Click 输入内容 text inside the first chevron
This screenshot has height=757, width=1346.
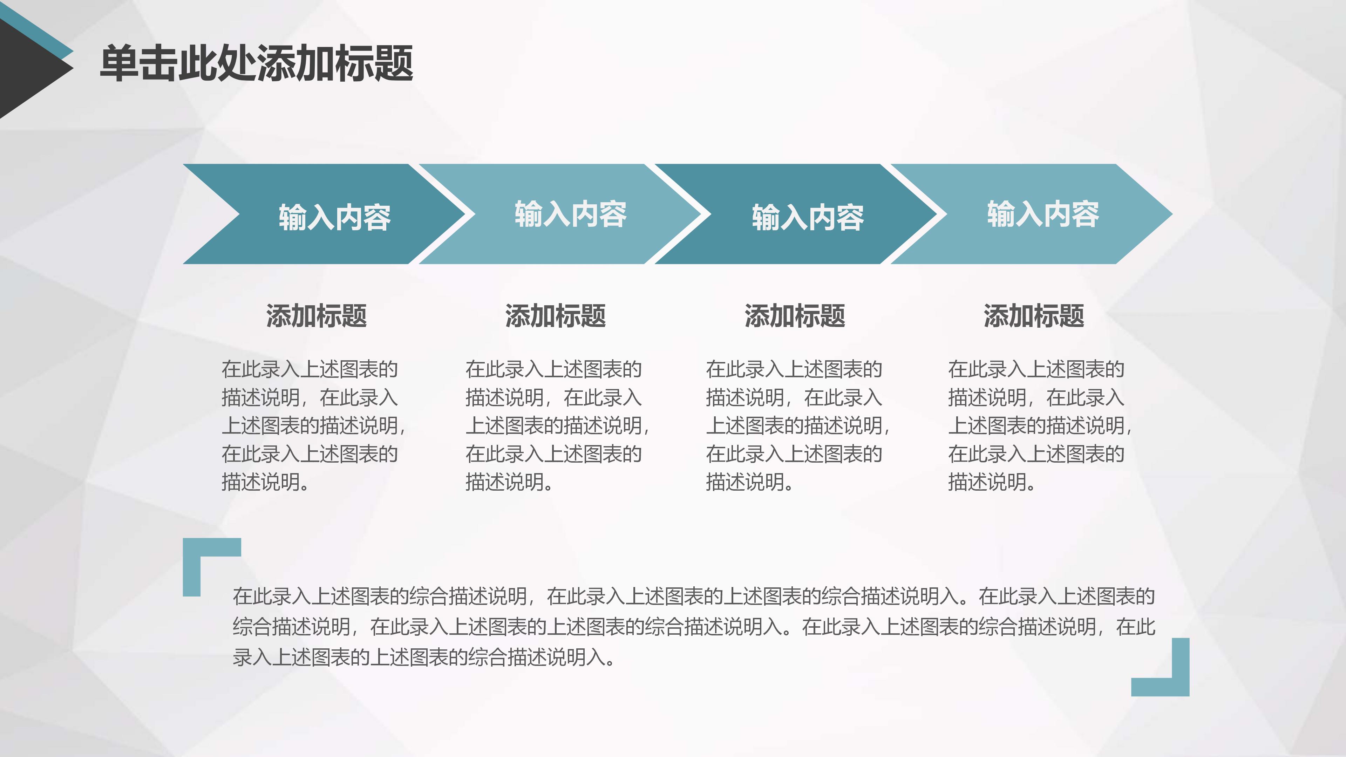334,217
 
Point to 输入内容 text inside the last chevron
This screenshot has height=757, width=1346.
1043,214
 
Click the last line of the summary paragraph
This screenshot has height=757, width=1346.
423,657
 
